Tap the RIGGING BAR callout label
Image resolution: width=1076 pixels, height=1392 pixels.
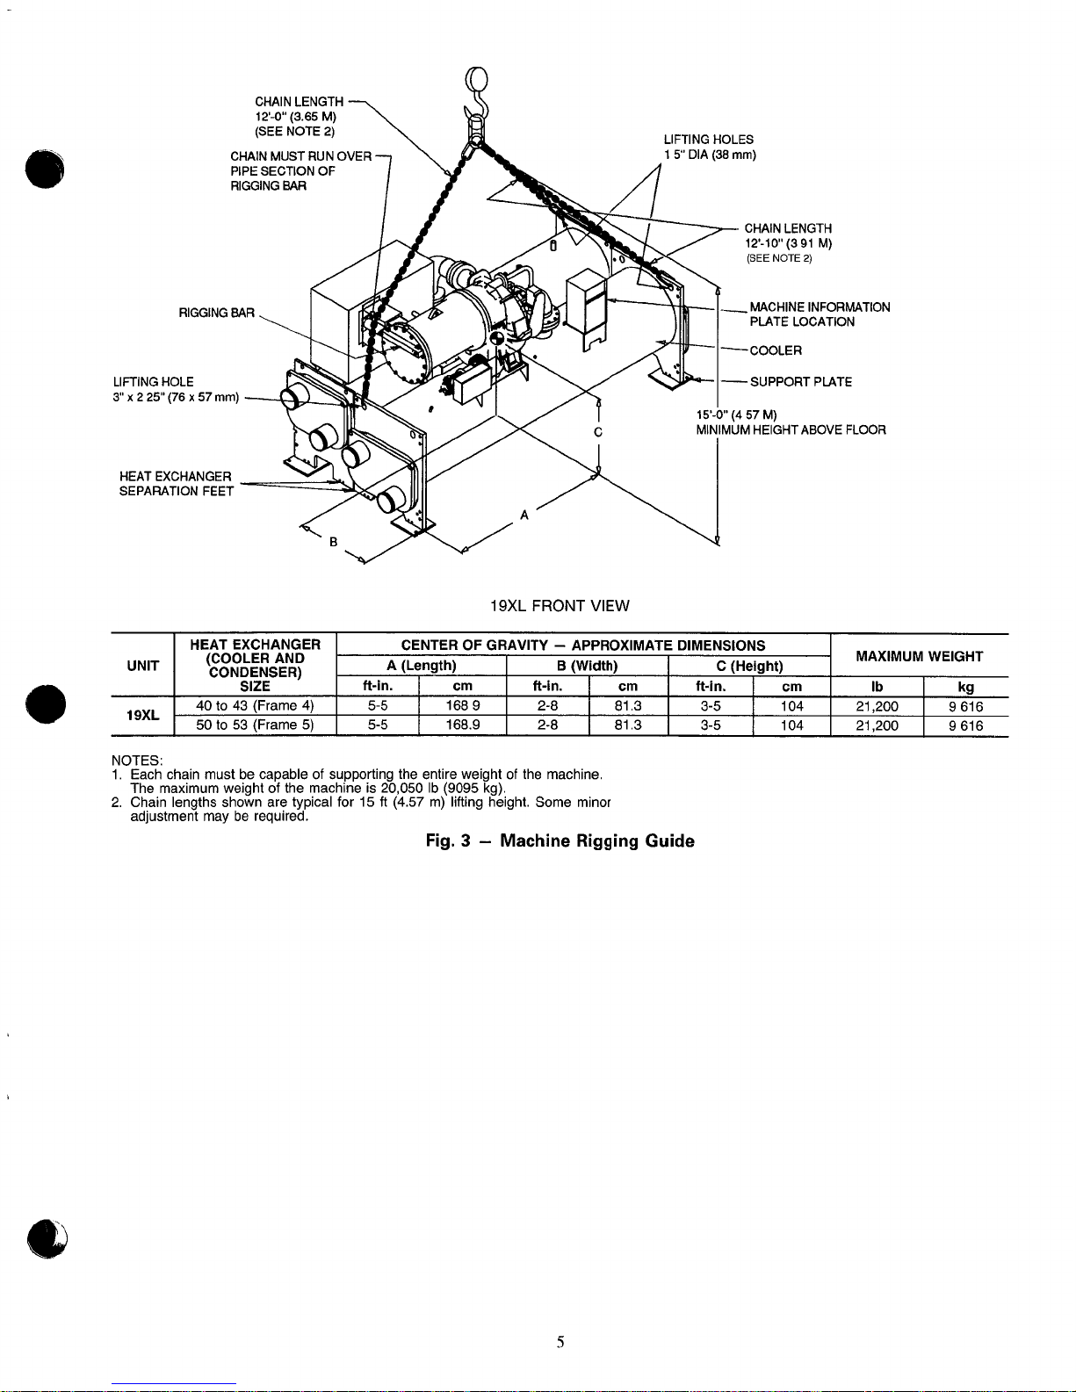[x=216, y=314]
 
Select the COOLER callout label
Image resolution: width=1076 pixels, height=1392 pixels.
[x=776, y=351]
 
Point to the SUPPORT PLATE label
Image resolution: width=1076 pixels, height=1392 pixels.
[x=800, y=382]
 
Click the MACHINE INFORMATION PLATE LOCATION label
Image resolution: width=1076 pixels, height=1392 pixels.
[x=820, y=314]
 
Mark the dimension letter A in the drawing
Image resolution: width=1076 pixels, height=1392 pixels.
[x=524, y=515]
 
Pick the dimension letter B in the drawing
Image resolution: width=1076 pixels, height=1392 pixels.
[x=333, y=542]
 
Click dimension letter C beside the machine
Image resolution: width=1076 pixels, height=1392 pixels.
[x=598, y=432]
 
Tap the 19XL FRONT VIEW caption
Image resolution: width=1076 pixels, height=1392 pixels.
[x=560, y=606]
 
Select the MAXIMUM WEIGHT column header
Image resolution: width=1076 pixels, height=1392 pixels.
[x=919, y=657]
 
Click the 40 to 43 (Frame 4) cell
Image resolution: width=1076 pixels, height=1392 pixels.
[x=255, y=706]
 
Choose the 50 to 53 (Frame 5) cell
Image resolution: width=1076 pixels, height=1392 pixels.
[x=255, y=725]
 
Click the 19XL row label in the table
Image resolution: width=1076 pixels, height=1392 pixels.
[x=143, y=716]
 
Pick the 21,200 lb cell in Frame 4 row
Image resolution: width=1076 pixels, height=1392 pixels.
[x=877, y=707]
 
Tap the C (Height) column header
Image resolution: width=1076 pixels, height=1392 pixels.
[x=749, y=667]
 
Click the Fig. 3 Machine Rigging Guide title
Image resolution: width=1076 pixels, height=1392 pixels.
[x=560, y=841]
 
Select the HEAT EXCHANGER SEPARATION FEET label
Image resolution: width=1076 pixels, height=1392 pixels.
[x=177, y=484]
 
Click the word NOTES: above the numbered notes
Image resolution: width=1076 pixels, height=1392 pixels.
[x=137, y=761]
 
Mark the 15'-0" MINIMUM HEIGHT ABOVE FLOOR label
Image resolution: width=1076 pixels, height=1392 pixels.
[x=791, y=422]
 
